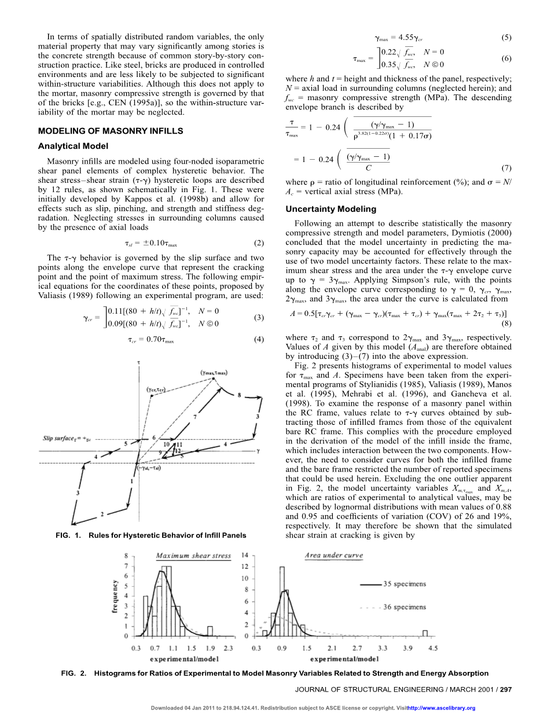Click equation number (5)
506,39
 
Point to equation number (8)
506,324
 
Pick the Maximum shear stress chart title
193,556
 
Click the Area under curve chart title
334,556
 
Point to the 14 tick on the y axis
244,554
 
